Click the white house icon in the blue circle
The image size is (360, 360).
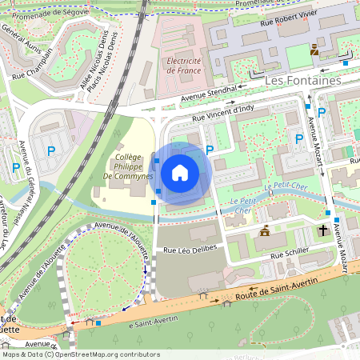180,171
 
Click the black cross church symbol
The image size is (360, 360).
323,230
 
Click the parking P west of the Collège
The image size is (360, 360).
52,150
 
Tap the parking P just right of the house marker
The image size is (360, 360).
210,150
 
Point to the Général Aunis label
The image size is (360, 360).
18,36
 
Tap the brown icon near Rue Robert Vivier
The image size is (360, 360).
314,50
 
